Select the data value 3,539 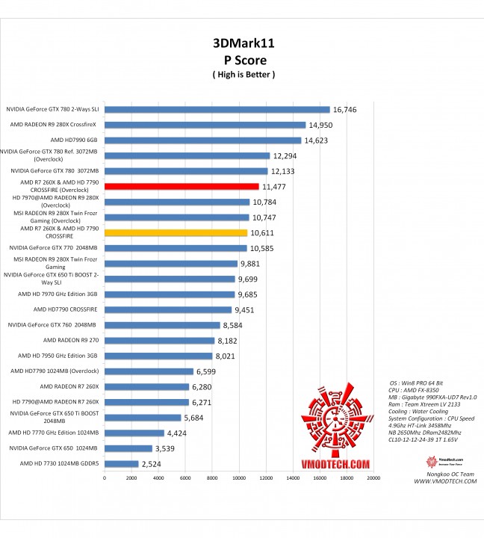[x=169, y=448]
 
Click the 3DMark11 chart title [x=243, y=43]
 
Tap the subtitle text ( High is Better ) [x=243, y=74]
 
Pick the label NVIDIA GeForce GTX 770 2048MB [x=53, y=247]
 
